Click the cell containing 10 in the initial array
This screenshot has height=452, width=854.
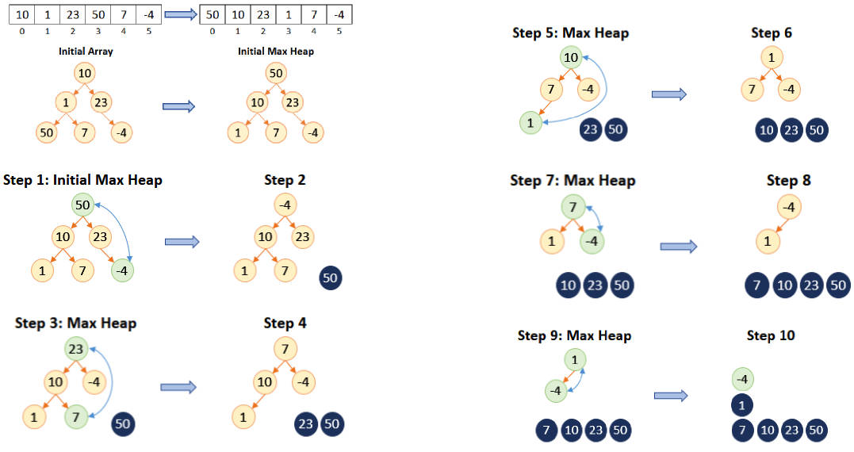coord(21,15)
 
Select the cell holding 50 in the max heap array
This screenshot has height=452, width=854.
coord(213,15)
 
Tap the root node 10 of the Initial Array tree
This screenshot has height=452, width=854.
coord(84,73)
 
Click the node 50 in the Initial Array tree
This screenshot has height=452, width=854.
coord(46,132)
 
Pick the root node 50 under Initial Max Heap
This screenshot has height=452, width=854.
coord(276,73)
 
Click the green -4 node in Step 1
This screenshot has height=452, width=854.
coord(122,270)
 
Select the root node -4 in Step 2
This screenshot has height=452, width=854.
coord(285,205)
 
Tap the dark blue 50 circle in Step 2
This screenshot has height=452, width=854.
coord(330,278)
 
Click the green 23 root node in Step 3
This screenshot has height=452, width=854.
coord(75,349)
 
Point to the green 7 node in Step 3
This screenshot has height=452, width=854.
coord(75,417)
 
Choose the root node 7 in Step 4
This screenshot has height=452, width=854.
coord(285,349)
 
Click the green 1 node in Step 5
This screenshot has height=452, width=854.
coord(530,123)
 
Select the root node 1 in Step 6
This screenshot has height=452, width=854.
coord(772,57)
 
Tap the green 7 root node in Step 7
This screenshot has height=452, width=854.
coord(573,207)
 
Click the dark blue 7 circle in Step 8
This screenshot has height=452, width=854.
coord(756,285)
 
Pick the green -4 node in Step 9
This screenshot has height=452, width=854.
coord(556,390)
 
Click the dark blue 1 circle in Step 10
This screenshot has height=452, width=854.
coord(742,404)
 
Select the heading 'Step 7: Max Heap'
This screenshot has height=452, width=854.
coord(573,180)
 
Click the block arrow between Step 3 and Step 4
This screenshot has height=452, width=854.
coord(178,387)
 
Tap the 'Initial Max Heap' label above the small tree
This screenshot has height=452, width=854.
coord(276,52)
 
